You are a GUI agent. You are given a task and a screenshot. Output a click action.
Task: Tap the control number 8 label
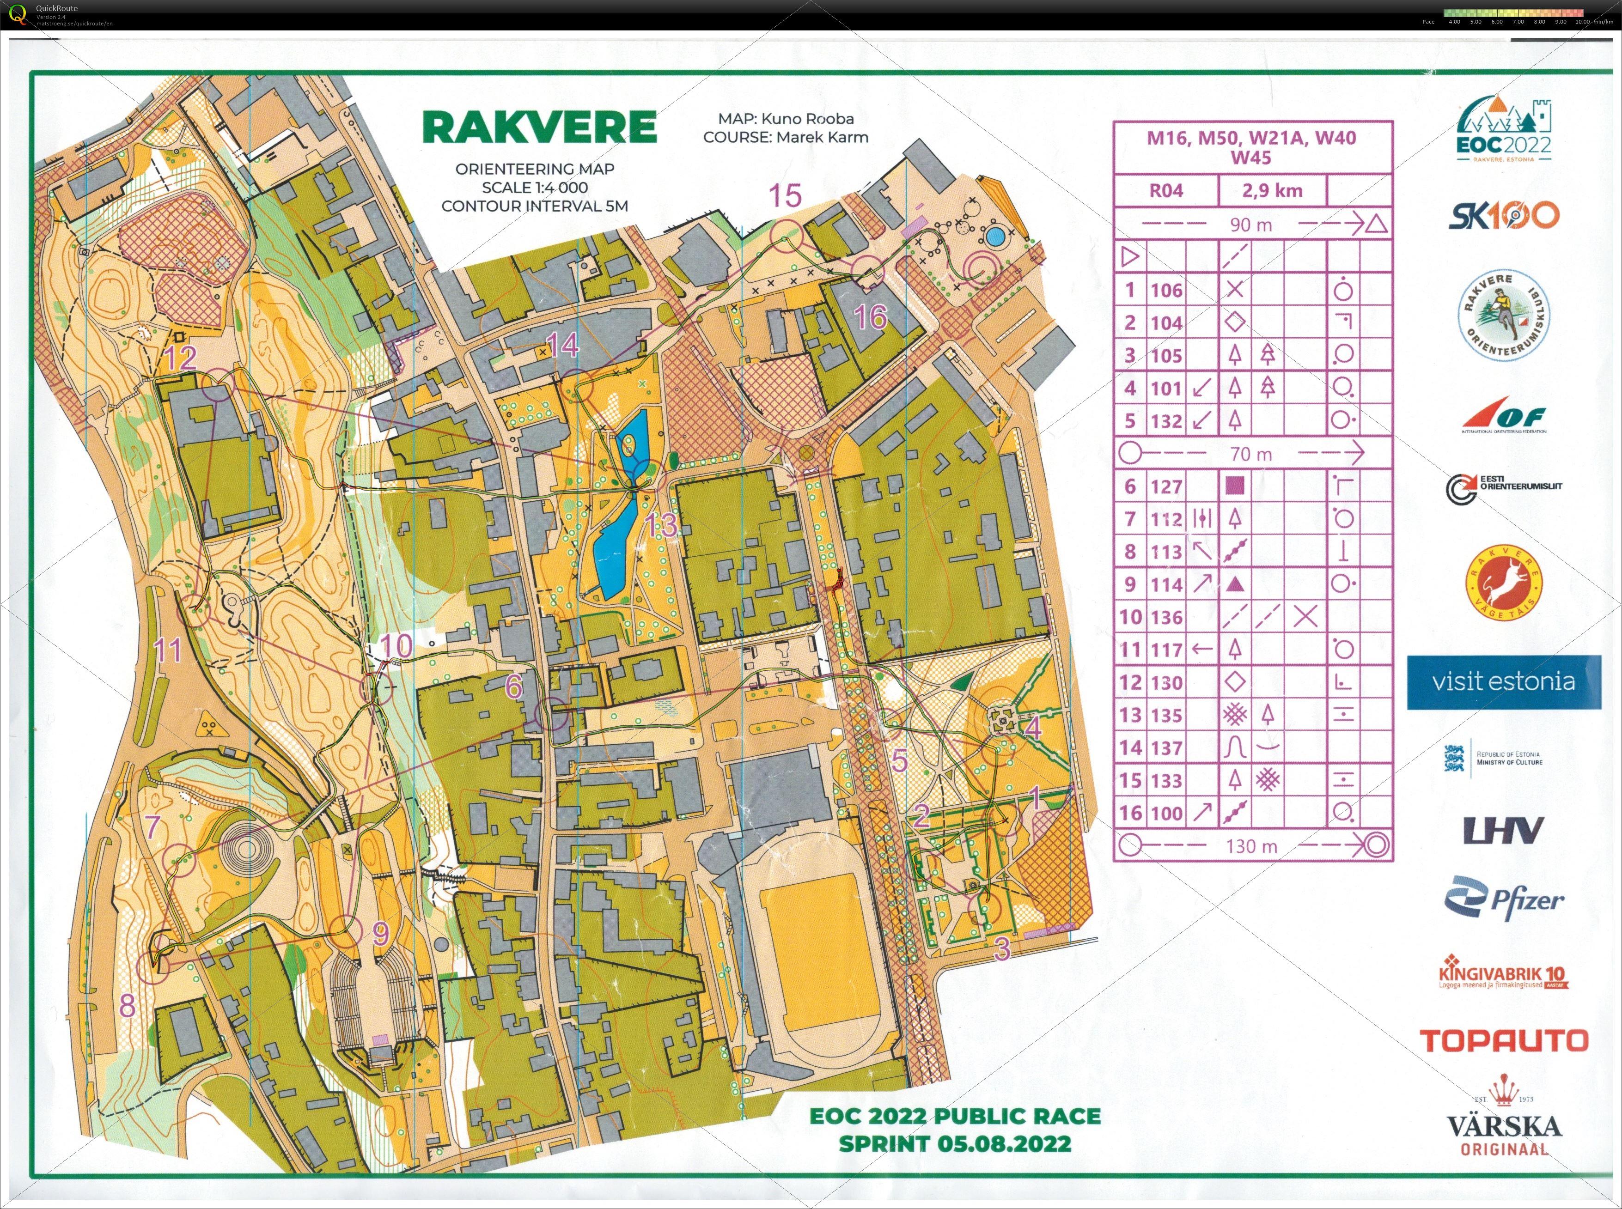(x=128, y=1006)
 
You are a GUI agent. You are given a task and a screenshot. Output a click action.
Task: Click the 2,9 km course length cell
(x=1272, y=191)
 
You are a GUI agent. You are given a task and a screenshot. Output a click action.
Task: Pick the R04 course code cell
(x=1166, y=191)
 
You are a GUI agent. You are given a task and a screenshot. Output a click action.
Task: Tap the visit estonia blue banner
(x=1503, y=682)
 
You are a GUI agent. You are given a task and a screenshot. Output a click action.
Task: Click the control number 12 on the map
(x=180, y=358)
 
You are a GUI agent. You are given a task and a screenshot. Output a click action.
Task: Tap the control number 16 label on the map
(x=870, y=317)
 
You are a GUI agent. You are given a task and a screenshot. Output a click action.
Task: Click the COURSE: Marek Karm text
(x=786, y=137)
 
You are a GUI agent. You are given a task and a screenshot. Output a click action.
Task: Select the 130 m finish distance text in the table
(x=1251, y=846)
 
